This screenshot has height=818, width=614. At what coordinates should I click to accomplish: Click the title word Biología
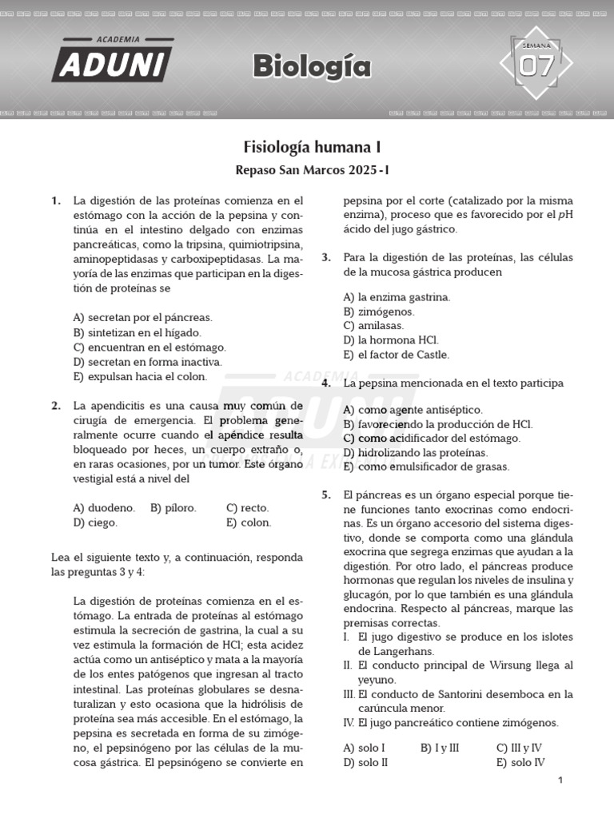point(312,67)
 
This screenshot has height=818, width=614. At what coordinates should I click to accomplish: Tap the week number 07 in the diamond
point(536,67)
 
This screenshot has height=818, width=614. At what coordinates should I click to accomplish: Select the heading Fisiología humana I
point(312,147)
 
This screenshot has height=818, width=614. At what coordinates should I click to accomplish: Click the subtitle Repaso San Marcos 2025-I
point(312,170)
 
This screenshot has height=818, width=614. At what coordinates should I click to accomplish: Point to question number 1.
point(56,201)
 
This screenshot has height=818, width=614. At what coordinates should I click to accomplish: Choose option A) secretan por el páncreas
point(142,317)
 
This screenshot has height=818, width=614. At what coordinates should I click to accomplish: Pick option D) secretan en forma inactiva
point(147,361)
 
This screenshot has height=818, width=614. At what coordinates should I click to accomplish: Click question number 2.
point(56,405)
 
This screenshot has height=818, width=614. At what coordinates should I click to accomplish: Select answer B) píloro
point(173,507)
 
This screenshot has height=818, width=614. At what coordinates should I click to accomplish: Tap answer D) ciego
point(95,522)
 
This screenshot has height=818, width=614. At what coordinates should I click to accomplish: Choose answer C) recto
point(247,507)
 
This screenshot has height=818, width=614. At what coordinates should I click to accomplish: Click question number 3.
point(326,257)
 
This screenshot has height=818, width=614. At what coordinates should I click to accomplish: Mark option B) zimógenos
point(379,311)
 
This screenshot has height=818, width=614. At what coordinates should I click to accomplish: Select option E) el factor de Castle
point(396,354)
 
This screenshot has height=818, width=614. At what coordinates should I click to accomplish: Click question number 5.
point(326,494)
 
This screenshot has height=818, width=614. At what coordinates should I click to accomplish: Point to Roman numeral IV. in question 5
point(349,722)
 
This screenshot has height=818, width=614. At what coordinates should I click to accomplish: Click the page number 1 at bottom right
point(560,780)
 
